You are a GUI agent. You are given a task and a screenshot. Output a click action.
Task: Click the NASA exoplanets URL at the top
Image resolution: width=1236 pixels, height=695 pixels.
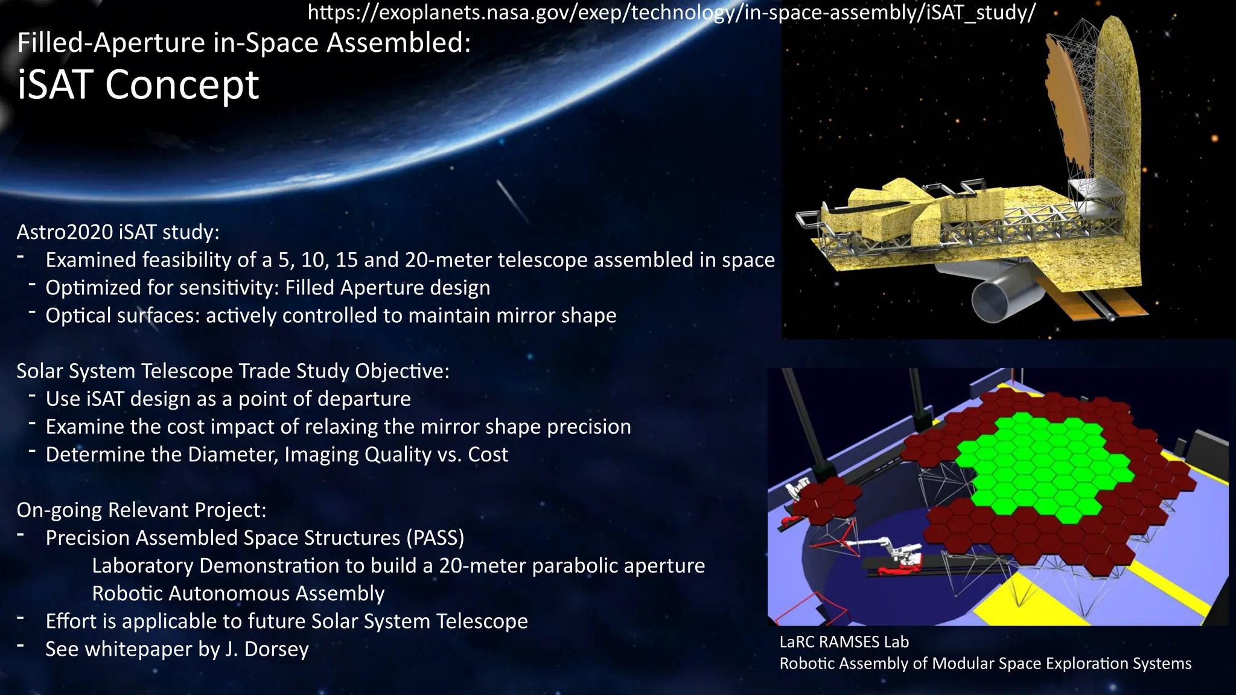(x=671, y=12)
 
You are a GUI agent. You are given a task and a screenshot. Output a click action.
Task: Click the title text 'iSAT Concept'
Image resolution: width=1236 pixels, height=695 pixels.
(x=138, y=84)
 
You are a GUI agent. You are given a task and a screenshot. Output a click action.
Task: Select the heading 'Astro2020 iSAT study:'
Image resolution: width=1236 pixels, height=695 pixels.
(x=118, y=232)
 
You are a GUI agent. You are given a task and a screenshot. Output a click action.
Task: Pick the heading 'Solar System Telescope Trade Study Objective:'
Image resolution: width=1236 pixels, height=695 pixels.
(x=232, y=371)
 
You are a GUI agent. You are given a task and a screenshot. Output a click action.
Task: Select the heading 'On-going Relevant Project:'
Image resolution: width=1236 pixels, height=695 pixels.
(x=141, y=510)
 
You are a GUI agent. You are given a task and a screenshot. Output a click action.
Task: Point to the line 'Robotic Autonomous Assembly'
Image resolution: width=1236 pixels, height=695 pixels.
(x=238, y=594)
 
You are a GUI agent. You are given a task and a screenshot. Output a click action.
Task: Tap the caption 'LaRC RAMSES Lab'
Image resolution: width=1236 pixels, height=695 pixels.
(x=844, y=642)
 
